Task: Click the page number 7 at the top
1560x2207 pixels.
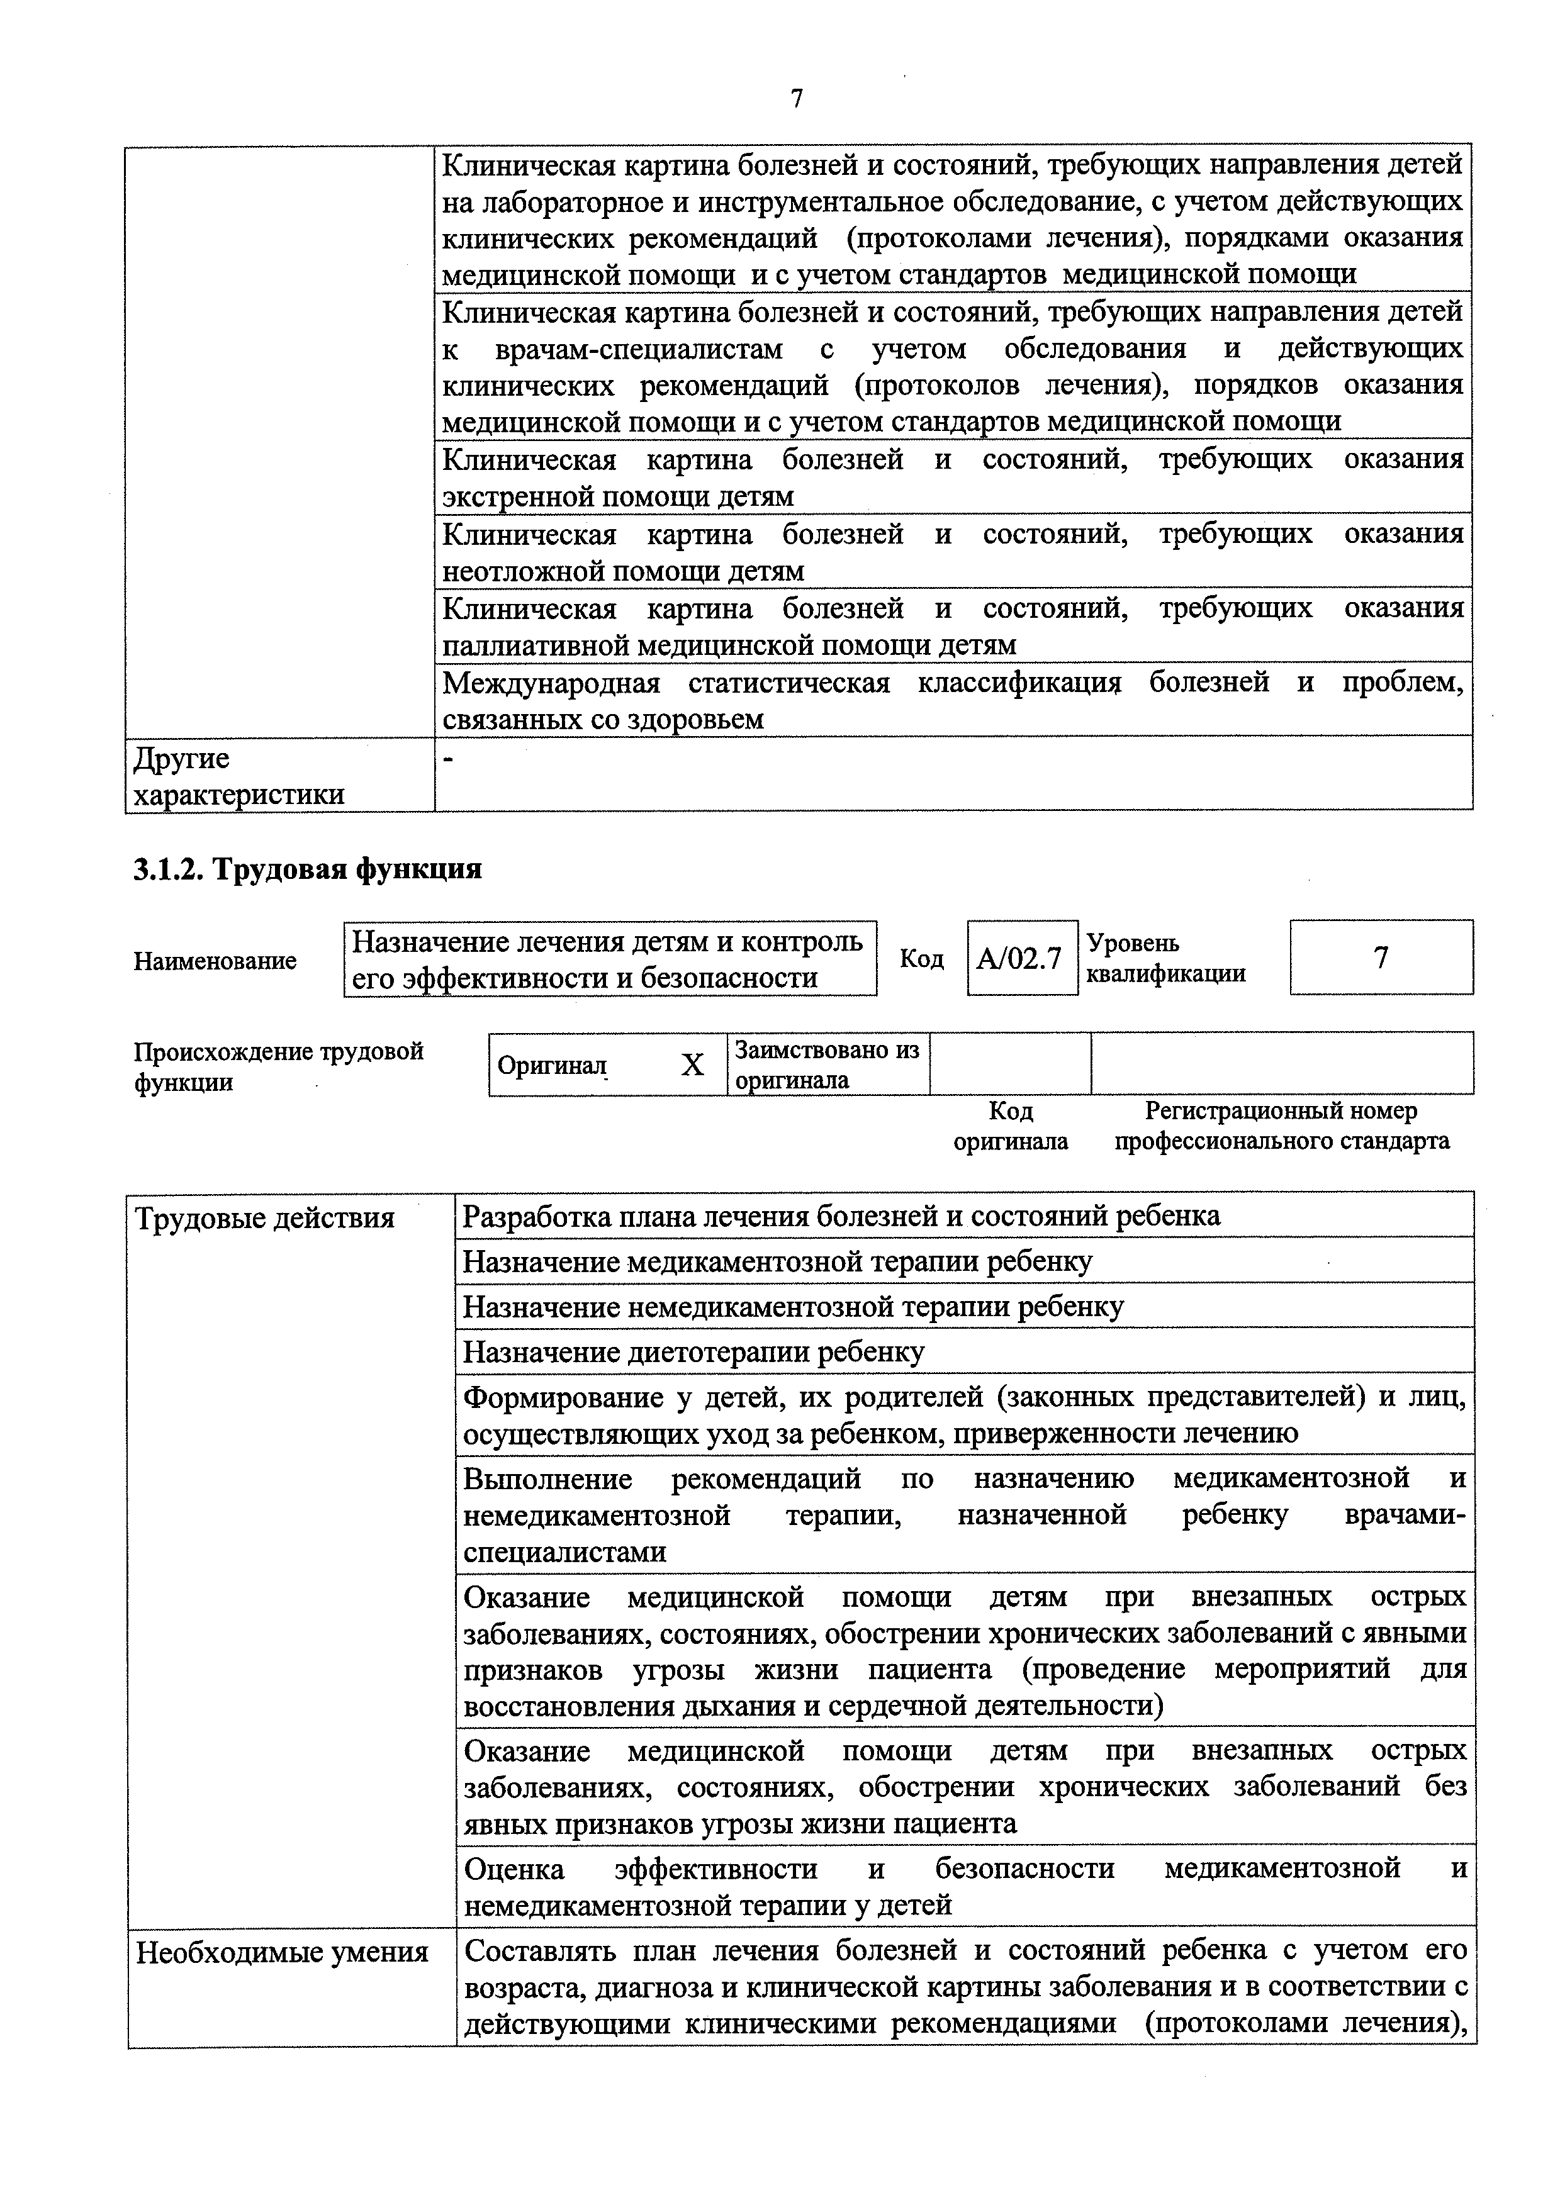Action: [797, 99]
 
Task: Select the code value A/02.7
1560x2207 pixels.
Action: [1020, 958]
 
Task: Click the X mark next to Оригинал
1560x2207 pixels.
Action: [692, 1064]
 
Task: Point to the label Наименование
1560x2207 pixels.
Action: [215, 960]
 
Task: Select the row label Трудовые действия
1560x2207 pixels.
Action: [266, 1218]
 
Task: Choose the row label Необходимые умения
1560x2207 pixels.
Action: [282, 1952]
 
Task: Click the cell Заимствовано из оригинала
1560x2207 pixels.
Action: [827, 1064]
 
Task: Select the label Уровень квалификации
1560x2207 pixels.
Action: [1166, 958]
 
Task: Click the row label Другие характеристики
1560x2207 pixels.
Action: [238, 777]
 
